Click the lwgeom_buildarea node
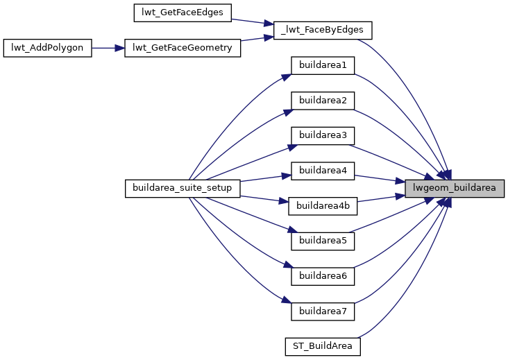click(454, 188)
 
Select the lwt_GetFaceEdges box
click(183, 12)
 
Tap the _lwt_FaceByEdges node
click(323, 30)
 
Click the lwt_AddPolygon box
click(48, 48)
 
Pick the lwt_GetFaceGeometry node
click(183, 48)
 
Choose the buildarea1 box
click(323, 65)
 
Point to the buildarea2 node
click(323, 100)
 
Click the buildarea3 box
click(323, 135)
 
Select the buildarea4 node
click(323, 170)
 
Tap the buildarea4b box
click(323, 205)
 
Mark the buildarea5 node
click(323, 241)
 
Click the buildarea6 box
click(323, 275)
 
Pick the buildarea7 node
click(323, 311)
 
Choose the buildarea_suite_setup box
click(183, 188)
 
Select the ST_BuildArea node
click(323, 345)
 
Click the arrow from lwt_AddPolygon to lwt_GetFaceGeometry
click(108, 48)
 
